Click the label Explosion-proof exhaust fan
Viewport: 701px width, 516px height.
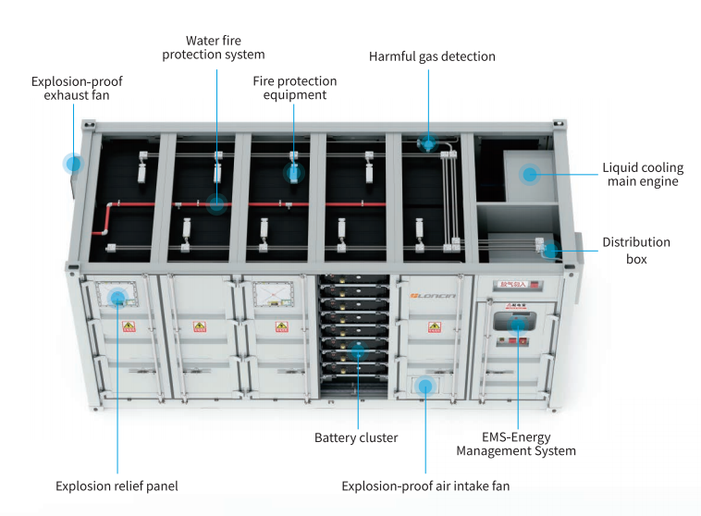pyautogui.click(x=76, y=88)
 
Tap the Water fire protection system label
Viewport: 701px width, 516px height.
pyautogui.click(x=215, y=47)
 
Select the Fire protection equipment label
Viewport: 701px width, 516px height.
pyautogui.click(x=295, y=88)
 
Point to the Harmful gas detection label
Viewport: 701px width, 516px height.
pyautogui.click(x=432, y=56)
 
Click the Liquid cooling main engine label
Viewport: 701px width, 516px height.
pyautogui.click(x=642, y=174)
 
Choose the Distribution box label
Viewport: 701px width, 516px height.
pyautogui.click(x=636, y=251)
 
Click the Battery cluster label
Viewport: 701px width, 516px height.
pyautogui.click(x=356, y=437)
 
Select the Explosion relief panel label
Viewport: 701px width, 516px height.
pyautogui.click(x=117, y=485)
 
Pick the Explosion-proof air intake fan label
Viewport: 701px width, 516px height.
pyautogui.click(x=425, y=485)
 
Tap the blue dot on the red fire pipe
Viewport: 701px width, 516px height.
pyautogui.click(x=216, y=204)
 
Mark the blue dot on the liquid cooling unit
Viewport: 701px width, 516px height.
pyautogui.click(x=529, y=173)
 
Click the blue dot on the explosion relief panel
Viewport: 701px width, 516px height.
pyautogui.click(x=117, y=298)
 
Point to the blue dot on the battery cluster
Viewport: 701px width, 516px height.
pyautogui.click(x=357, y=350)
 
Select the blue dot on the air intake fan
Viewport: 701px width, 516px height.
pyautogui.click(x=425, y=384)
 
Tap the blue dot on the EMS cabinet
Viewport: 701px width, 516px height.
pyautogui.click(x=518, y=326)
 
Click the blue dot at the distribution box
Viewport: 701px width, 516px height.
pyautogui.click(x=549, y=250)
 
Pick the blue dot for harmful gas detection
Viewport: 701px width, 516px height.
pyautogui.click(x=428, y=143)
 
